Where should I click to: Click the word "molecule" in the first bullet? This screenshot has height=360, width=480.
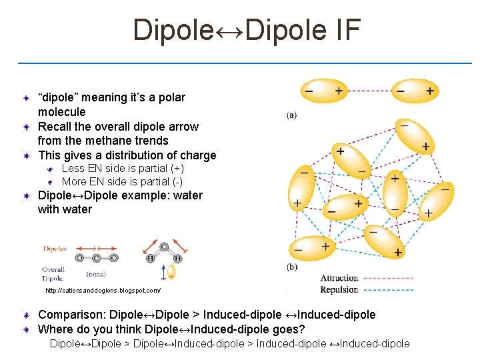coord(62,111)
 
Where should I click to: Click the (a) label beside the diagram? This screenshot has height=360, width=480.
coord(292,115)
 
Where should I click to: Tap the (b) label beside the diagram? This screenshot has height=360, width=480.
coord(292,267)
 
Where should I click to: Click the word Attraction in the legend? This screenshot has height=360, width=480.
coord(339,278)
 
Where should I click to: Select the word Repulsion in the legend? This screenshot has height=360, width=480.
coord(339,289)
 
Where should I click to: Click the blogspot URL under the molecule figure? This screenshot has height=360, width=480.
coord(103,291)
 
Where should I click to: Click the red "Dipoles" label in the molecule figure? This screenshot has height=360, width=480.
coord(55,249)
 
